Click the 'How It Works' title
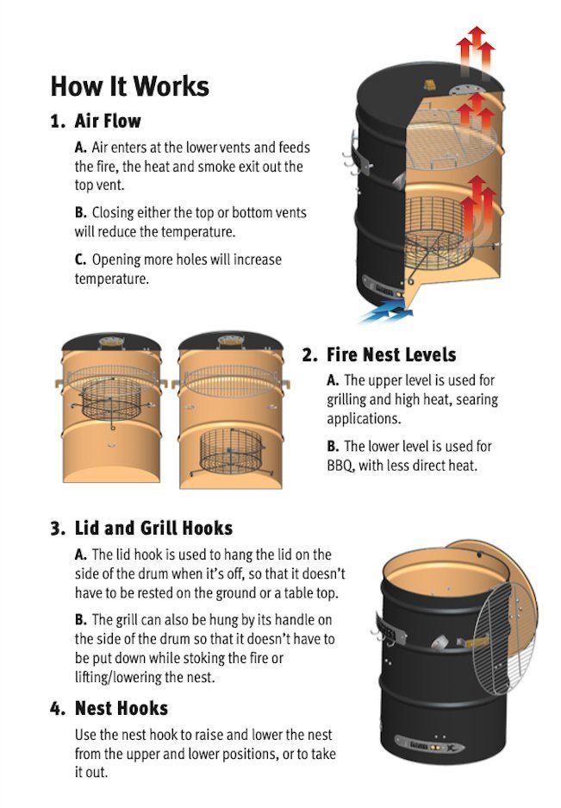(x=130, y=85)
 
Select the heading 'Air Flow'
(x=108, y=121)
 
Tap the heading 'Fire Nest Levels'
(x=391, y=354)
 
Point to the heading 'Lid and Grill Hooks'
(x=153, y=529)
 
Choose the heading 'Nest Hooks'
(x=122, y=708)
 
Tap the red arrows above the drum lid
(x=476, y=50)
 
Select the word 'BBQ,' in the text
(x=340, y=466)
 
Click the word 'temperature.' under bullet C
(x=112, y=279)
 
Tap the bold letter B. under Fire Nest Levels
(x=333, y=446)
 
